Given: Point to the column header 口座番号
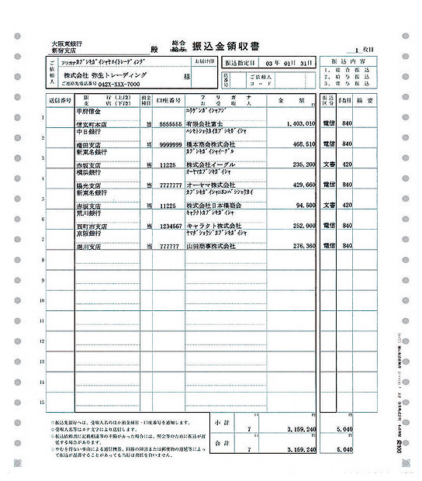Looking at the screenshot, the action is point(168,101).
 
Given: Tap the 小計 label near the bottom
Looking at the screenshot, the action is point(221,423).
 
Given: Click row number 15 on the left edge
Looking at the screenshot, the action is point(42,401).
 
